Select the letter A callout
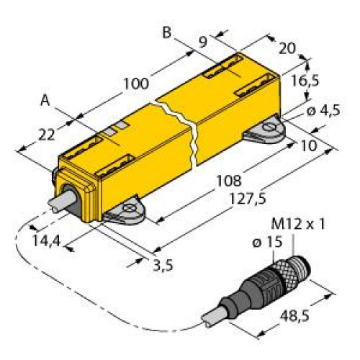(45, 102)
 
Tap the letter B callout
(167, 32)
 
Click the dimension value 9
(204, 41)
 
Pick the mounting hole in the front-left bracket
(129, 212)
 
